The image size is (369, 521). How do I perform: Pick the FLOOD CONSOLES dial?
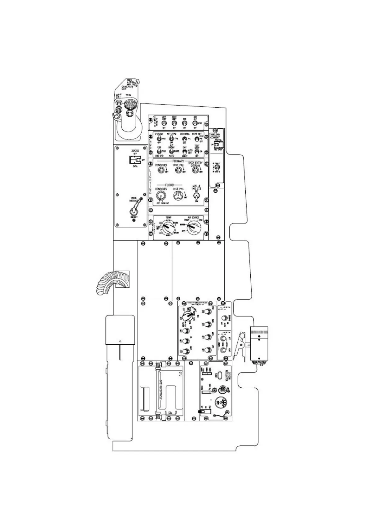click(161, 196)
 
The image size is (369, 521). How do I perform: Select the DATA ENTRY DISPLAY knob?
click(195, 169)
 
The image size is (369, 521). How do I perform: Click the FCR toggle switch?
click(184, 123)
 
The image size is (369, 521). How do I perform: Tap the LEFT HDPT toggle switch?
click(164, 123)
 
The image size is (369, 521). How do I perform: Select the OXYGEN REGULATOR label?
click(227, 376)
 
